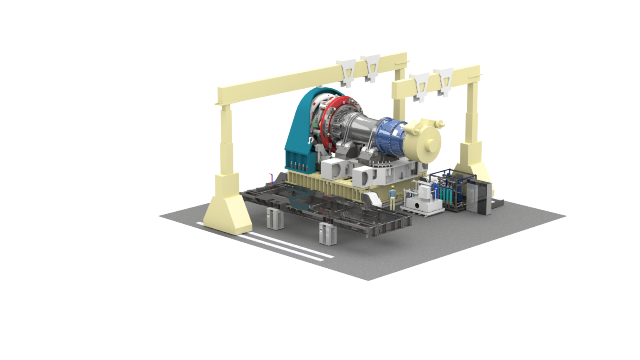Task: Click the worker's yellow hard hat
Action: coord(392,186)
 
